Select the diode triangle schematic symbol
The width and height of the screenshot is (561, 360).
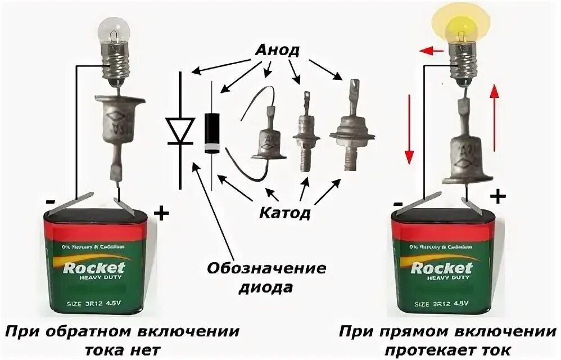coord(180,130)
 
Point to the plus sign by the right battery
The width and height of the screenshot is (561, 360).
coord(497,196)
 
